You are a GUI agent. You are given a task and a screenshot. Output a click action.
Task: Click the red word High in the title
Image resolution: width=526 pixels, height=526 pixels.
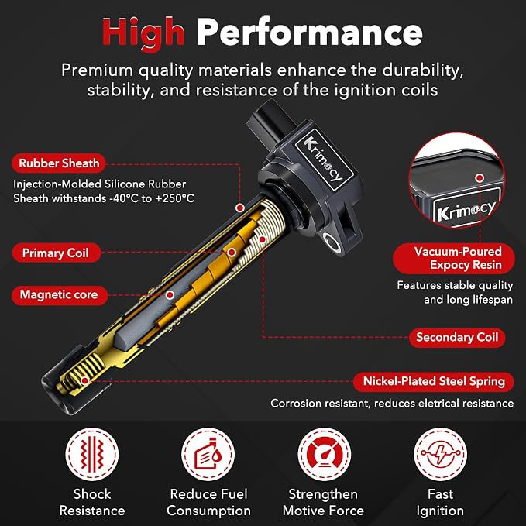(x=143, y=33)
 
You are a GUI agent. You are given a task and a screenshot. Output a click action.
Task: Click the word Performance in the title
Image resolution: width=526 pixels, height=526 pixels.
(x=309, y=32)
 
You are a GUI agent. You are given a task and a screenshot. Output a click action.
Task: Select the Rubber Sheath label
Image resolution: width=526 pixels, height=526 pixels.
(x=59, y=163)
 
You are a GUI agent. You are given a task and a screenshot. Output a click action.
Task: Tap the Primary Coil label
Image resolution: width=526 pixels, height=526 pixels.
(x=56, y=253)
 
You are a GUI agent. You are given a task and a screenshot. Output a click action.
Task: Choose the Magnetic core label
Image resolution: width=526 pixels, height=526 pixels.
(x=60, y=295)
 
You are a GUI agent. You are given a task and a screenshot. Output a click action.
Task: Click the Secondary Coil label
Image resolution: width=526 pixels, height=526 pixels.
(x=457, y=337)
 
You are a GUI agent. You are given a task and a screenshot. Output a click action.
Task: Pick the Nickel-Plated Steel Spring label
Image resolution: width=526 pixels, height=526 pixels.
(x=434, y=381)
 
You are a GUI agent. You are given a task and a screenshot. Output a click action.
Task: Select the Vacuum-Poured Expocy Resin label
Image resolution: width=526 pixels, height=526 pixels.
(x=454, y=258)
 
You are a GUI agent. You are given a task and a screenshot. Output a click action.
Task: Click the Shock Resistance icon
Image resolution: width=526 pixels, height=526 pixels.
(x=92, y=454)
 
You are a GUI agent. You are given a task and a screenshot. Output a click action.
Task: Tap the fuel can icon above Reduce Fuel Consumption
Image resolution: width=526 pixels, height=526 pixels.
(x=208, y=454)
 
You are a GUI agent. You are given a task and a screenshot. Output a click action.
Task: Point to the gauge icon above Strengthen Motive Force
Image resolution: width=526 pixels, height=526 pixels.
(x=325, y=454)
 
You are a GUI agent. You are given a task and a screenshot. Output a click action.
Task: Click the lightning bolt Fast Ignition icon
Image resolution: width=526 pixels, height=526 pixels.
(x=440, y=454)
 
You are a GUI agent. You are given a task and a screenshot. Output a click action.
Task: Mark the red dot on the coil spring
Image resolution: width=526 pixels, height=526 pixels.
(x=85, y=380)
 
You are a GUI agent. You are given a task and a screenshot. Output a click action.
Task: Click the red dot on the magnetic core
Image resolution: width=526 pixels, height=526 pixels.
(x=170, y=295)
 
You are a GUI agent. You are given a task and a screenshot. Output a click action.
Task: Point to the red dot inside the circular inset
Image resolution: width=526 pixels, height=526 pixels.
(x=480, y=178)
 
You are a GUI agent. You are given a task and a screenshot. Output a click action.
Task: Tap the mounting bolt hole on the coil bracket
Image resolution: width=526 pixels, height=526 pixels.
(x=332, y=242)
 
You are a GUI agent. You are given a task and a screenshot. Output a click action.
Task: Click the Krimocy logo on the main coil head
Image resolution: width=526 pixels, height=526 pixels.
(x=324, y=159)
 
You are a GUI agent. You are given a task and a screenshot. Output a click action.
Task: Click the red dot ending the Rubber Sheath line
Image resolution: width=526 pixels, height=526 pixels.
(x=240, y=208)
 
